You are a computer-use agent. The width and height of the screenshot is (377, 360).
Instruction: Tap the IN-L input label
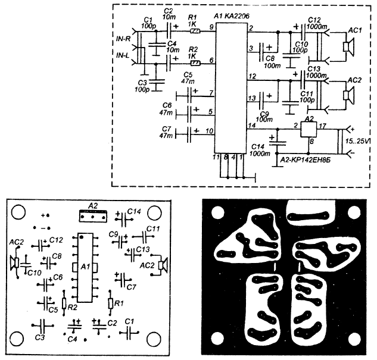point(124,55)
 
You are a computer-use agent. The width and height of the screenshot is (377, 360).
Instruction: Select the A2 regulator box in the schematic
point(307,129)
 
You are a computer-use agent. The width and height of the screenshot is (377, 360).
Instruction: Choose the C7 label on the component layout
point(131,287)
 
